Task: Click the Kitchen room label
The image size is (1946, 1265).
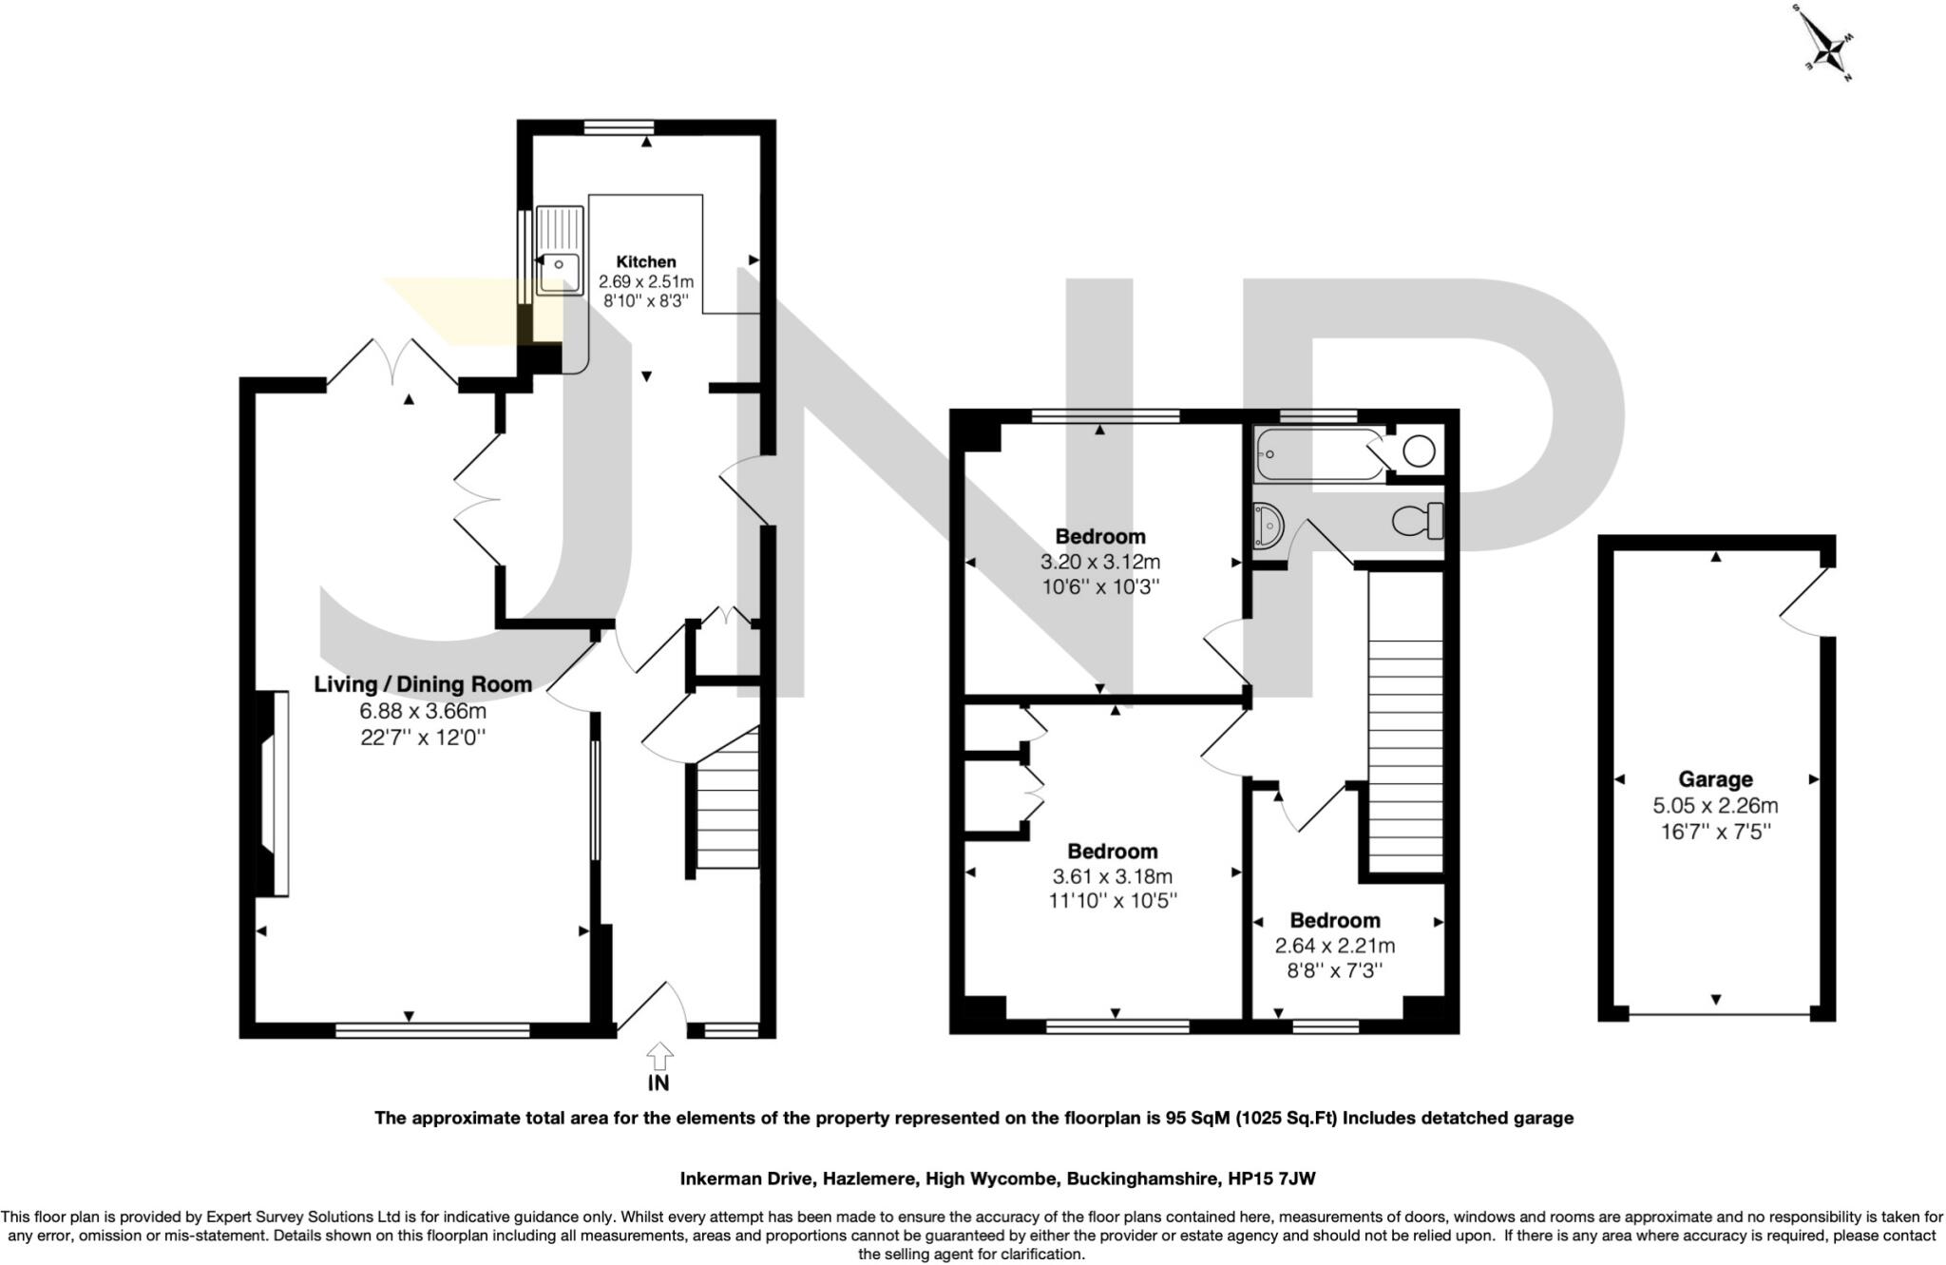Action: pyautogui.click(x=646, y=261)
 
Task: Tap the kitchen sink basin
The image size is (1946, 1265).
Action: pyautogui.click(x=560, y=271)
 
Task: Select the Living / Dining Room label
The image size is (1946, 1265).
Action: pyautogui.click(x=423, y=684)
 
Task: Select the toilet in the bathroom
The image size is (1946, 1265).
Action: pyautogui.click(x=1418, y=521)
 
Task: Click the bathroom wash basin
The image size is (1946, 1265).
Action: pyautogui.click(x=1269, y=526)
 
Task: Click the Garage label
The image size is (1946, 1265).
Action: pyautogui.click(x=1715, y=779)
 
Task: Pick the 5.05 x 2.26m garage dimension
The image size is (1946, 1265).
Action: pyautogui.click(x=1715, y=806)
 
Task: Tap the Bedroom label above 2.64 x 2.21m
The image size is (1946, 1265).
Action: pyautogui.click(x=1334, y=920)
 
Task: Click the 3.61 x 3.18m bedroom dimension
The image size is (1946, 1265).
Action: pyautogui.click(x=1113, y=876)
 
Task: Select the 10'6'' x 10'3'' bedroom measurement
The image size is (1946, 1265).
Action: pyautogui.click(x=1099, y=586)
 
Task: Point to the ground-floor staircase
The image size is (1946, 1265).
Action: pyautogui.click(x=728, y=808)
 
